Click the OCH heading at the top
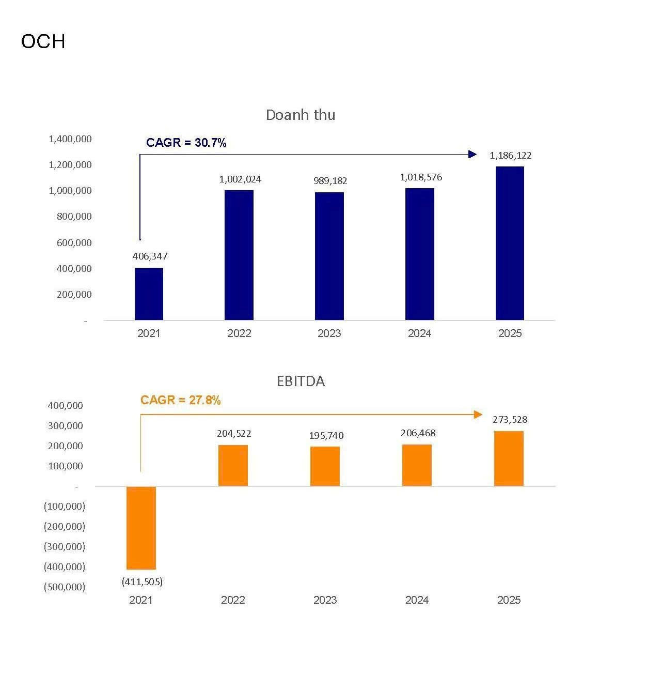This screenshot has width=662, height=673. tap(43, 41)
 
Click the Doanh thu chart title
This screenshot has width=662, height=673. tap(300, 115)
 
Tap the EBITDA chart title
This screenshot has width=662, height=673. tap(301, 381)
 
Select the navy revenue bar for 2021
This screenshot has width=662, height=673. tap(149, 294)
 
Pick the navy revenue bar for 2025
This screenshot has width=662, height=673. tap(510, 243)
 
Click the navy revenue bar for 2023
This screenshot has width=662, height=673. tap(329, 256)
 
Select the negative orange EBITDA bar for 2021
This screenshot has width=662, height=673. tap(141, 528)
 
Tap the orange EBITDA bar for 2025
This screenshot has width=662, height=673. tap(509, 458)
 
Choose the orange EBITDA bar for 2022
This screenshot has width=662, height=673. tap(233, 465)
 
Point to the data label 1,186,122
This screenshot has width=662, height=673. tap(510, 156)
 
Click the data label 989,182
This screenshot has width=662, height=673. tap(330, 180)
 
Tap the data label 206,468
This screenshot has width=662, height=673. tap(418, 433)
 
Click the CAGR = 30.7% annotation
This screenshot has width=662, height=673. tap(186, 143)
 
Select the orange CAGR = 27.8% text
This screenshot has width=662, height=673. tap(180, 400)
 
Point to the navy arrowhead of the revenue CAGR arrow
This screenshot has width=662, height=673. tap(472, 154)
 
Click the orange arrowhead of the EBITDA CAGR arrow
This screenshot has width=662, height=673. tap(478, 415)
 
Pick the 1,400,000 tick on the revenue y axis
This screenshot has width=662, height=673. tap(70, 139)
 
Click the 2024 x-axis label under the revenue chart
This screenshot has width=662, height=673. tap(419, 333)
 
